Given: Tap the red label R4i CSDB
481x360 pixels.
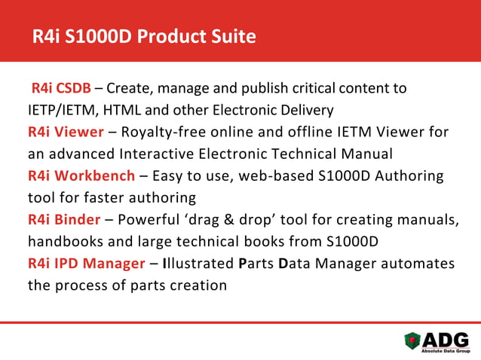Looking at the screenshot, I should (60, 88).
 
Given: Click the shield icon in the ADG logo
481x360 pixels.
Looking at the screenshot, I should (413, 340).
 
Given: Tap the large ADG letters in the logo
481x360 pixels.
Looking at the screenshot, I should (446, 338).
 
